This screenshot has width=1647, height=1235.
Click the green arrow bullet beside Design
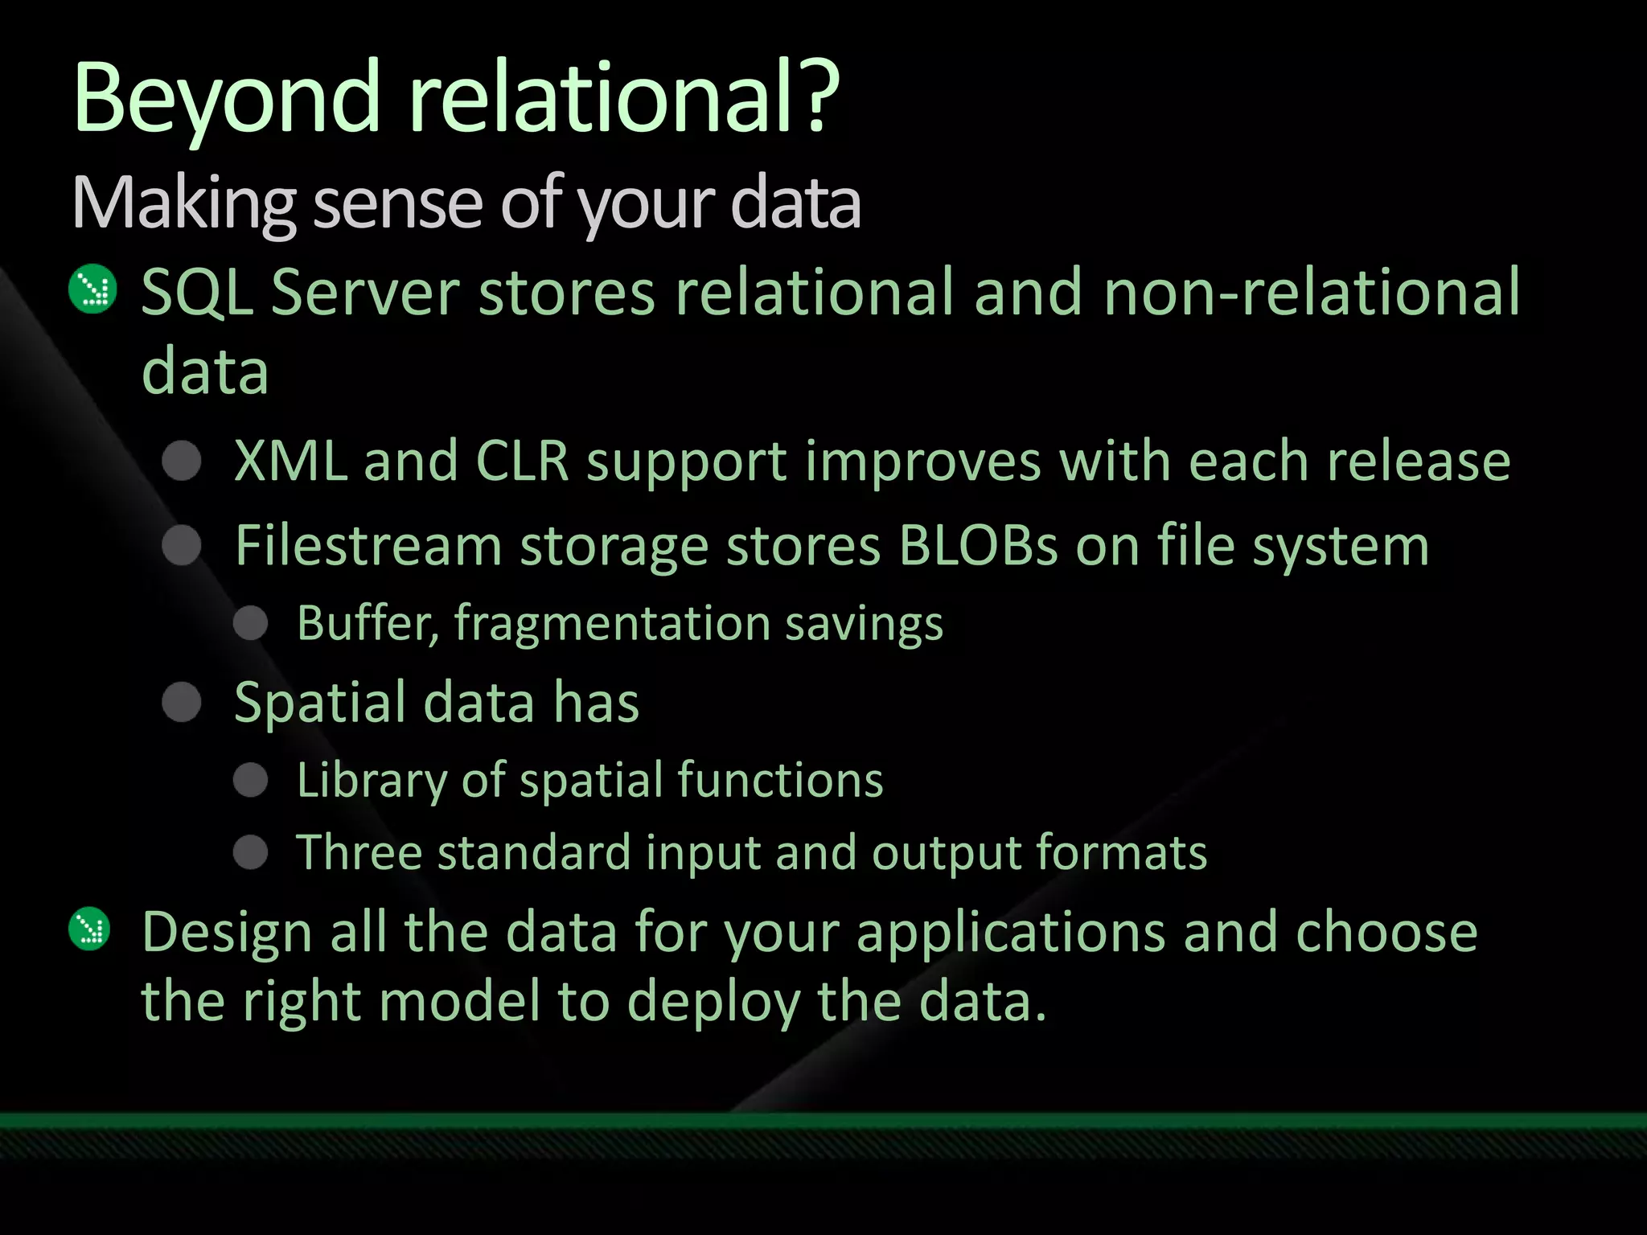[x=90, y=929]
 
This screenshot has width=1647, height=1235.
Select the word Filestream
[x=368, y=545]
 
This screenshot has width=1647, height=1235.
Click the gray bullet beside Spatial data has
[x=182, y=702]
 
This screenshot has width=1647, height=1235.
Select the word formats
[x=1121, y=851]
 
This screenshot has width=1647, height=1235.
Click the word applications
[x=1009, y=932]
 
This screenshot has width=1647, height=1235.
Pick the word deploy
[x=713, y=1002]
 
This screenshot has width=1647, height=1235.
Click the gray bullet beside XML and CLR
[x=182, y=461]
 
